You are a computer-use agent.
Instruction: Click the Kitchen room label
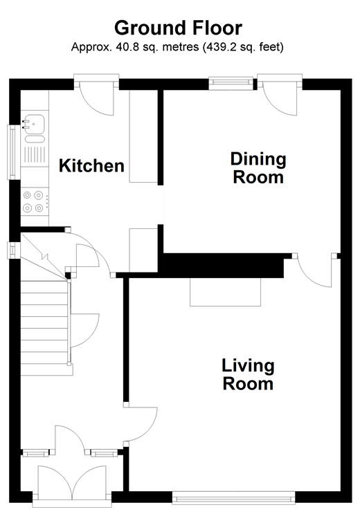(91, 166)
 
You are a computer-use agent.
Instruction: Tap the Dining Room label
(258, 168)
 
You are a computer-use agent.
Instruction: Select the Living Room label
(248, 375)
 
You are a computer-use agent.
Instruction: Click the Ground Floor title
(178, 28)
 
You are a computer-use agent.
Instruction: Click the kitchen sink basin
(33, 124)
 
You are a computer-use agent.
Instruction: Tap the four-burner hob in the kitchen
(35, 201)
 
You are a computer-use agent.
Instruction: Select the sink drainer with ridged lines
(35, 155)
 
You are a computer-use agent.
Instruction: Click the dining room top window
(231, 83)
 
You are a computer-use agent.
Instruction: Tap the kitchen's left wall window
(12, 152)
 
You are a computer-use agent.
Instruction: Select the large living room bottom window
(233, 498)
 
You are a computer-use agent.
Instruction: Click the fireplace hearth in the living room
(225, 292)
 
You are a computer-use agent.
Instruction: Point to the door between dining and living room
(315, 270)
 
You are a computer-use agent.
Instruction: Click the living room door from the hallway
(142, 424)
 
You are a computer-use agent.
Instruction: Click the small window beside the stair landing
(12, 250)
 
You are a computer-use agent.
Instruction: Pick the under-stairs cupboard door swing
(84, 331)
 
